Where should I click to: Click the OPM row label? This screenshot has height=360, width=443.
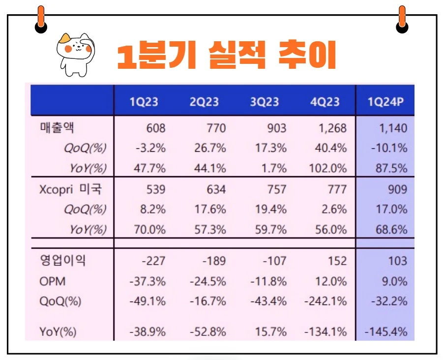coord(52,282)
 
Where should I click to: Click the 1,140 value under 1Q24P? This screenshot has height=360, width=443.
coord(393,129)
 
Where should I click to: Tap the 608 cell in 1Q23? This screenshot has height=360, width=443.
coord(156,129)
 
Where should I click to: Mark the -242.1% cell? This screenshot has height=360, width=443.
coord(325,302)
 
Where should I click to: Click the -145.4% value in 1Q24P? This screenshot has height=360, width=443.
coord(386,332)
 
